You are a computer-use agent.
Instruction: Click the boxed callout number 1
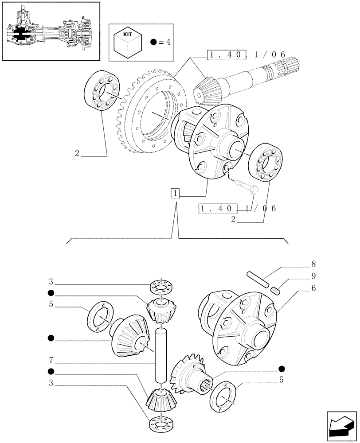click(176, 194)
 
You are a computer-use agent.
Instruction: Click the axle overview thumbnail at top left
click(50, 31)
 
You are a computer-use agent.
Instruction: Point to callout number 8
click(313, 264)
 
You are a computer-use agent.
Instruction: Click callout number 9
click(313, 276)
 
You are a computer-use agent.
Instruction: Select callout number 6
click(313, 288)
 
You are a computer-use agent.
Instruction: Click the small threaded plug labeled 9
click(276, 291)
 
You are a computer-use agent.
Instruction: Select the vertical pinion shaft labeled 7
click(160, 354)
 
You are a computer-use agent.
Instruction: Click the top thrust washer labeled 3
click(161, 286)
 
